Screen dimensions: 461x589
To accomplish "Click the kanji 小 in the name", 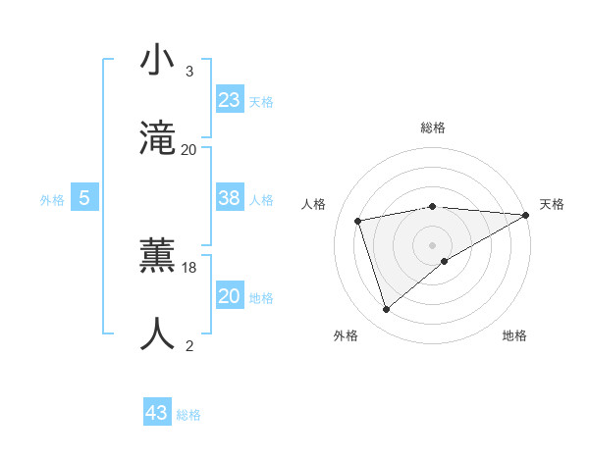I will (158, 61).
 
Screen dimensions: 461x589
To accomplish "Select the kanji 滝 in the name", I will (158, 137).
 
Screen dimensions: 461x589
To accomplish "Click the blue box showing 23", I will (230, 100).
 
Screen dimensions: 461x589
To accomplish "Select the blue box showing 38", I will (230, 198).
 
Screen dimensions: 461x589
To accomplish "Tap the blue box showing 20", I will (230, 296).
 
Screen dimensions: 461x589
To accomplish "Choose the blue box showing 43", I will (157, 413).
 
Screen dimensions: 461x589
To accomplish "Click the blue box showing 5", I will (84, 198).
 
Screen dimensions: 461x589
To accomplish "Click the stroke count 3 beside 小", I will (189, 72).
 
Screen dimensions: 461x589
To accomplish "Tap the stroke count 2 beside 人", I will (189, 344).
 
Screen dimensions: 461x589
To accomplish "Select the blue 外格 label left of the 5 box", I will (52, 200).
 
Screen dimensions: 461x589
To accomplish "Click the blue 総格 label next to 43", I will (188, 415).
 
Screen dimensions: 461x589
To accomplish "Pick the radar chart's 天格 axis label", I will (552, 204).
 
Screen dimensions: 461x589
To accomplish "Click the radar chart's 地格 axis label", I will (514, 335).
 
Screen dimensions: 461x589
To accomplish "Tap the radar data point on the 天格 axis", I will (525, 215).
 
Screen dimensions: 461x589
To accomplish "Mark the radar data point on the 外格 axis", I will (386, 310).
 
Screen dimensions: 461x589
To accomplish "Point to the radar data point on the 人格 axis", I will (358, 220).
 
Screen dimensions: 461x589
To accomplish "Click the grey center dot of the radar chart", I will (432, 244).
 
